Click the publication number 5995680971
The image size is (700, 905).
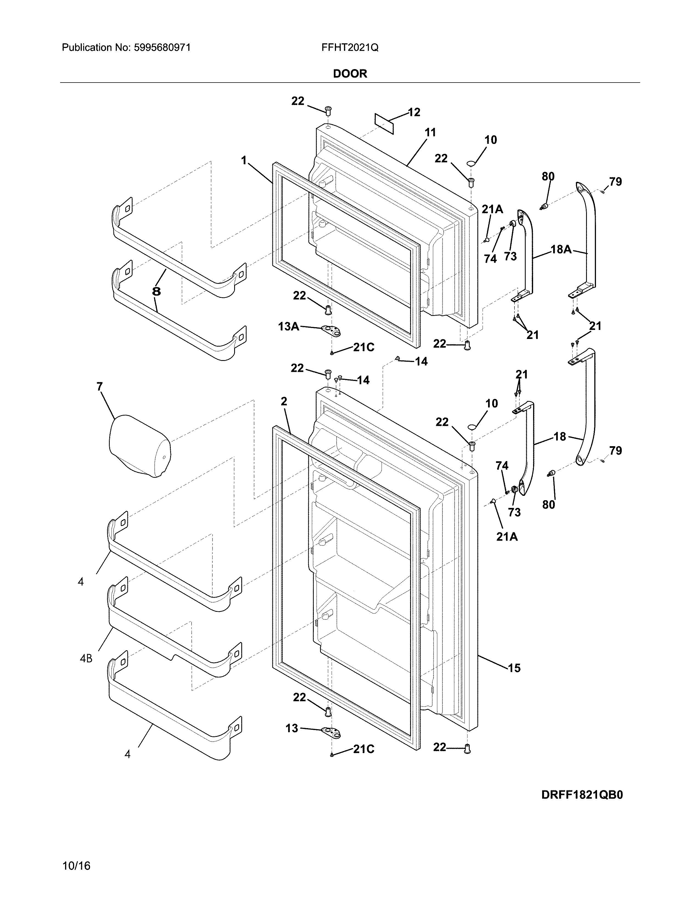point(162,48)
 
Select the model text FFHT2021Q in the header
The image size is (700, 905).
point(349,48)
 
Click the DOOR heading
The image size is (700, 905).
point(350,74)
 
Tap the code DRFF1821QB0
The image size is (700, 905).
point(582,795)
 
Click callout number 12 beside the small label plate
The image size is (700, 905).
point(414,112)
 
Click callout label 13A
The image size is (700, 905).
point(289,327)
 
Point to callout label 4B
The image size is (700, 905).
point(86,658)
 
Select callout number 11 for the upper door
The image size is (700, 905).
point(430,133)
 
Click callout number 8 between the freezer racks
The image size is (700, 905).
point(156,291)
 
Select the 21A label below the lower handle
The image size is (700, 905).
point(507,537)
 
